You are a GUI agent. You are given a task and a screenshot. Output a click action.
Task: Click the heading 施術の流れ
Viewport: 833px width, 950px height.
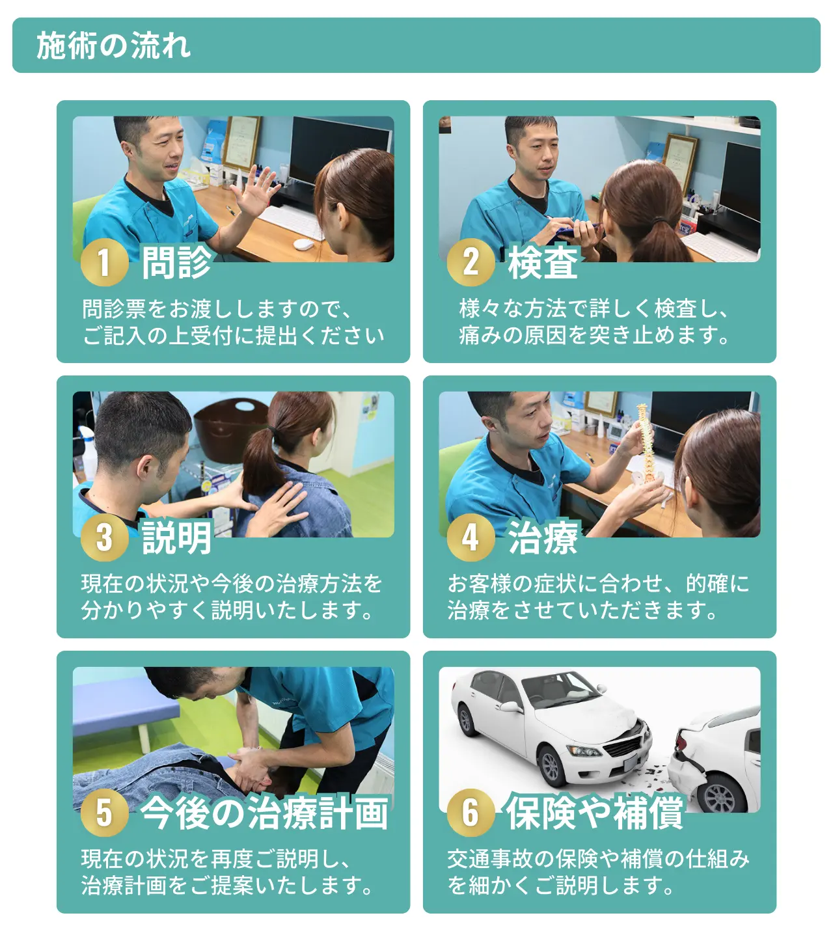coord(113,46)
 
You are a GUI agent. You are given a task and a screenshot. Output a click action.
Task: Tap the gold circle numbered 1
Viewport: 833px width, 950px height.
coord(105,262)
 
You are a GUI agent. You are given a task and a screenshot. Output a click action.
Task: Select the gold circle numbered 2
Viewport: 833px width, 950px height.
coord(471,262)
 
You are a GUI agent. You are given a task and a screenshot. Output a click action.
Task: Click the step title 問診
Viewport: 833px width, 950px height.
coord(177,263)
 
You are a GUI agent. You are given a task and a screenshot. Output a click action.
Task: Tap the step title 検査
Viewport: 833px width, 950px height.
coord(543,263)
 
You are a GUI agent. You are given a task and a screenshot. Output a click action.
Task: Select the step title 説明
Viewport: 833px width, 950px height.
coord(177,538)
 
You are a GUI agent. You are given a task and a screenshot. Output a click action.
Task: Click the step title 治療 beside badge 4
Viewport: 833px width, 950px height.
coord(543,538)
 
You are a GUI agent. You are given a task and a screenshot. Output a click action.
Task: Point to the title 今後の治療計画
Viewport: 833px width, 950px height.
coord(264,813)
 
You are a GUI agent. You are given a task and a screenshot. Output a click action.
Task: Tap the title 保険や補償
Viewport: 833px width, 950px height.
coord(594,813)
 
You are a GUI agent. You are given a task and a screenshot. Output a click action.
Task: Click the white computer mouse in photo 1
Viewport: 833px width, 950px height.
coord(303,244)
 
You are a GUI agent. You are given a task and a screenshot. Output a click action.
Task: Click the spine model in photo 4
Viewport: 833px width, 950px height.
coord(646,446)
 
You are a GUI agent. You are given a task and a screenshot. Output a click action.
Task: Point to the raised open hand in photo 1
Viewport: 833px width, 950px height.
coord(256,191)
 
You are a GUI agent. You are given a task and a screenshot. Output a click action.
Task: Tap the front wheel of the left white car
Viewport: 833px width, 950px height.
coord(552,766)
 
